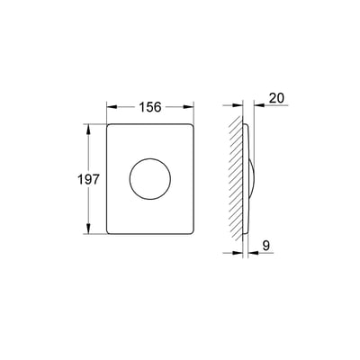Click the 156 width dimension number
[x=150, y=107]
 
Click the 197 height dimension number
[x=88, y=179]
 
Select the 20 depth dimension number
[x=276, y=98]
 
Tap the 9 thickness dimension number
[x=266, y=246]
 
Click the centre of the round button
[x=150, y=179]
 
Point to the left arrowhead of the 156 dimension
[x=112, y=107]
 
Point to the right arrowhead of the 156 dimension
[x=189, y=107]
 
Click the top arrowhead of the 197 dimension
[x=88, y=129]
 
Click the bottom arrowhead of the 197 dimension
[x=88, y=229]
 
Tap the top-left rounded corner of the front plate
[x=109, y=125]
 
